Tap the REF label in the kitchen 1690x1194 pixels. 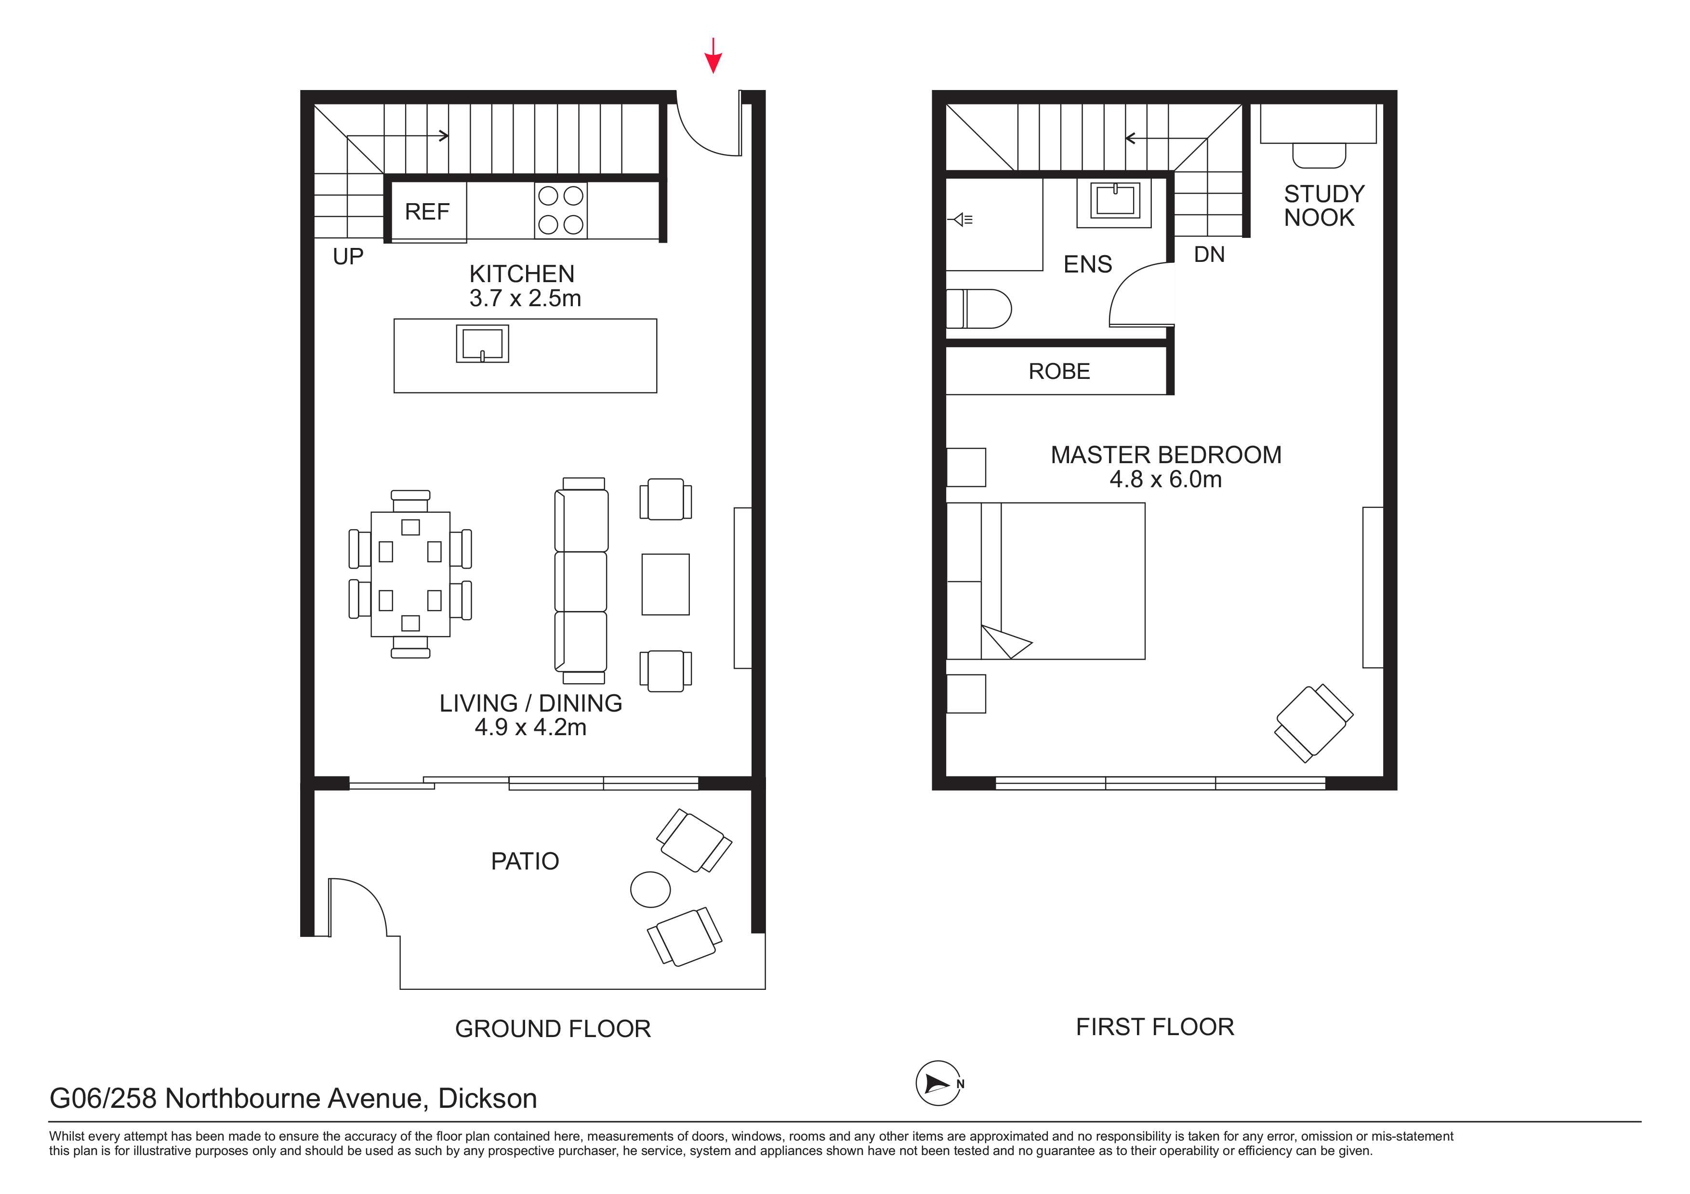427,212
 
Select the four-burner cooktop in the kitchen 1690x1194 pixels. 561,210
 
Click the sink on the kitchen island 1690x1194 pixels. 482,344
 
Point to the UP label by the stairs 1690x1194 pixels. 348,257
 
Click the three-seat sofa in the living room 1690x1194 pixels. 581,581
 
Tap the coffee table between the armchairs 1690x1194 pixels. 665,584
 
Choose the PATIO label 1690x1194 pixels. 525,861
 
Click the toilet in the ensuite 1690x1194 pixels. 979,308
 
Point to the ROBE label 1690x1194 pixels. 1059,372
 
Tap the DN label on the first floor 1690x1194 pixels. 1209,255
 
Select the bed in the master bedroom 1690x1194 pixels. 1045,581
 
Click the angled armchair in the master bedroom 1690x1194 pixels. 1314,723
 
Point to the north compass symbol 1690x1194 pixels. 938,1083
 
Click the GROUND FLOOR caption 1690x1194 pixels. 553,1028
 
